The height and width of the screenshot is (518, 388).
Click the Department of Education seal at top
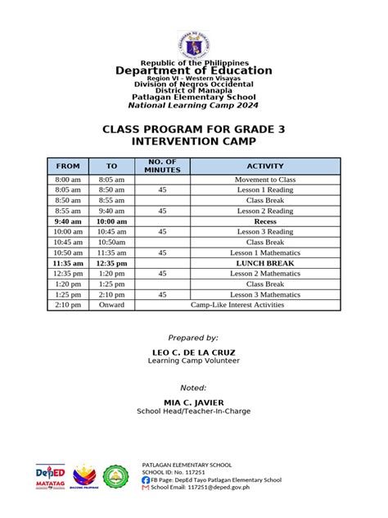click(193, 43)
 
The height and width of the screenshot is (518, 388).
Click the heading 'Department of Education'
click(193, 71)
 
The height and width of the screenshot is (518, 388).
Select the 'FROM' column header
click(68, 166)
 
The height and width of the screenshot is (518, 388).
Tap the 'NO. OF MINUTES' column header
click(163, 166)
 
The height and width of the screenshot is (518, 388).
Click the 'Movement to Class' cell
click(264, 179)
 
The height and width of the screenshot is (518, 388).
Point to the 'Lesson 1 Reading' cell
click(264, 189)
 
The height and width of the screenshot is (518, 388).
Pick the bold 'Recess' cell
click(264, 221)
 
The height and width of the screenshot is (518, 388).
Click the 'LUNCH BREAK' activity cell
click(264, 263)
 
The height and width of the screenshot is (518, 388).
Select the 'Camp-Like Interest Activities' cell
click(237, 305)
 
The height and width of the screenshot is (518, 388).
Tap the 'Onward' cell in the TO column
click(111, 305)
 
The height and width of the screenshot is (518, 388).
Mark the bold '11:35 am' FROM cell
click(68, 263)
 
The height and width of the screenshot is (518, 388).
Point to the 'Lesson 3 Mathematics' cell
click(264, 294)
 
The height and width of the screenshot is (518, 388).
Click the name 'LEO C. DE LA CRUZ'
click(193, 352)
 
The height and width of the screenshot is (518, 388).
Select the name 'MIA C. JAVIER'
click(193, 402)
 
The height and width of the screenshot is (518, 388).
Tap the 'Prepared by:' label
click(193, 338)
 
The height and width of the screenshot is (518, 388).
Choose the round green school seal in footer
click(116, 477)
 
